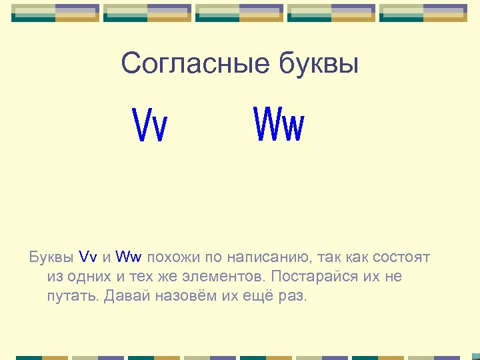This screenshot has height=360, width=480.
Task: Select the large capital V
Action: (143, 126)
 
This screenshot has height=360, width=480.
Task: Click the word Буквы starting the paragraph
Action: (51, 257)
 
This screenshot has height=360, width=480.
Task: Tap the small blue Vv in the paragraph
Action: (89, 257)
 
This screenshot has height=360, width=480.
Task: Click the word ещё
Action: (257, 295)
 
